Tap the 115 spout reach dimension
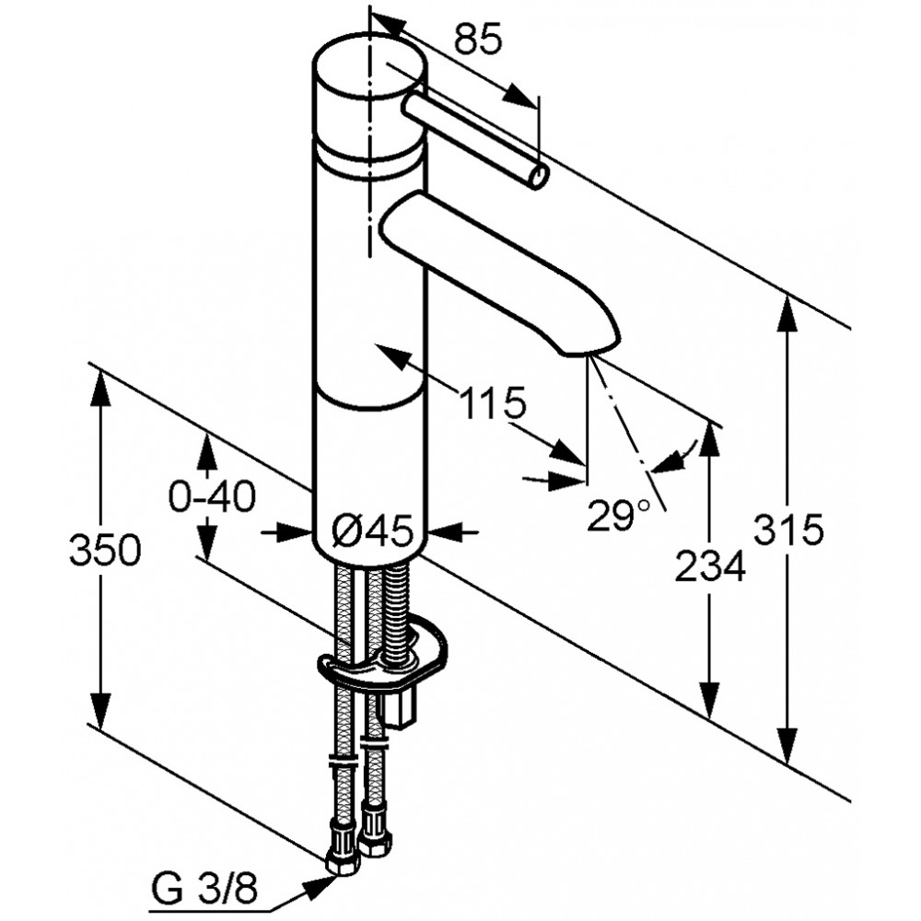(x=492, y=403)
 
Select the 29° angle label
(x=619, y=515)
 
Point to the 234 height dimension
(x=710, y=566)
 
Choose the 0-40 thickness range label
(x=212, y=496)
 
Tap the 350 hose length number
(x=105, y=551)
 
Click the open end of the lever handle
(x=539, y=177)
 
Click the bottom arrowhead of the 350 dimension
(x=101, y=713)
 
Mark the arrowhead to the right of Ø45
(x=446, y=532)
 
